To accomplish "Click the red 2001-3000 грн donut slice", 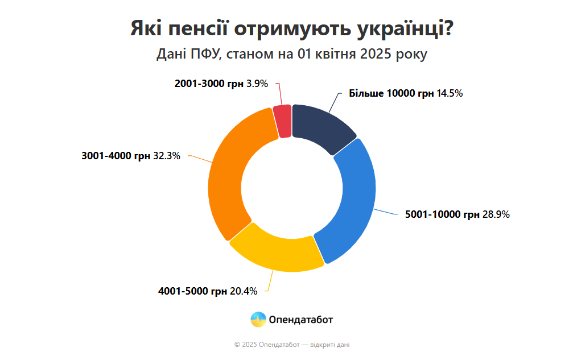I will [x=282, y=121].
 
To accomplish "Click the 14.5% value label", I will [x=450, y=94].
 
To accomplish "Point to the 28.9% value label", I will [x=497, y=215].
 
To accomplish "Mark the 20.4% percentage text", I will [x=244, y=291].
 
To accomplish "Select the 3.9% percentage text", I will [x=257, y=84].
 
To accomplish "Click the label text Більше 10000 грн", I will [x=391, y=94].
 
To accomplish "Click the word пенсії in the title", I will [x=203, y=29].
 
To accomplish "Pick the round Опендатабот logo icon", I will [x=258, y=320].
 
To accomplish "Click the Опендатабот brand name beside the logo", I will [x=302, y=320].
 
